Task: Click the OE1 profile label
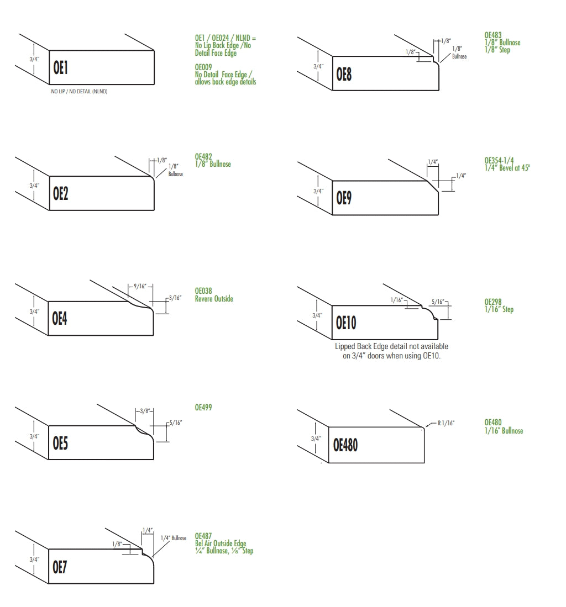click(60, 68)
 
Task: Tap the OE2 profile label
click(60, 193)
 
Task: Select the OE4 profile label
click(60, 318)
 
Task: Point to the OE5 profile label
click(60, 444)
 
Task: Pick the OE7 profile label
click(60, 567)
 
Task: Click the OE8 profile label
click(344, 75)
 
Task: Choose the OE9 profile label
click(344, 198)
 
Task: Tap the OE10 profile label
click(346, 323)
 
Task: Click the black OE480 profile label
click(345, 445)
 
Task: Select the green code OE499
click(203, 407)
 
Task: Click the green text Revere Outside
click(214, 298)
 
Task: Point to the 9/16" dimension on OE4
click(140, 286)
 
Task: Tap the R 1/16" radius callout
click(446, 423)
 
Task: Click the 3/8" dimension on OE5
click(144, 411)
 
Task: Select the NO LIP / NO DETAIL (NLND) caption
click(80, 91)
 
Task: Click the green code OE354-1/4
click(499, 160)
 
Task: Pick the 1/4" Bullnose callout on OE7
click(173, 538)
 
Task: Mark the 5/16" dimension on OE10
click(438, 302)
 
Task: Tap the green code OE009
click(203, 67)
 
